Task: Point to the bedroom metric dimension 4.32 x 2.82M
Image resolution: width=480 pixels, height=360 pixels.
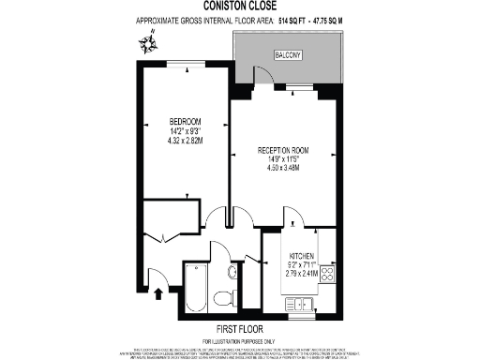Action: pyautogui.click(x=184, y=140)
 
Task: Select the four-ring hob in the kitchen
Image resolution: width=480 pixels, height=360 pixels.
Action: pyautogui.click(x=328, y=274)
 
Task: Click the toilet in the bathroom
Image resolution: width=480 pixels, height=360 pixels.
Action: pyautogui.click(x=224, y=298)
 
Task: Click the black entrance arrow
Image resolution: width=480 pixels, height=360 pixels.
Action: pyautogui.click(x=157, y=293)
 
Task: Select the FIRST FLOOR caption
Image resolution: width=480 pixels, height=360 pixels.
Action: pyautogui.click(x=239, y=329)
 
